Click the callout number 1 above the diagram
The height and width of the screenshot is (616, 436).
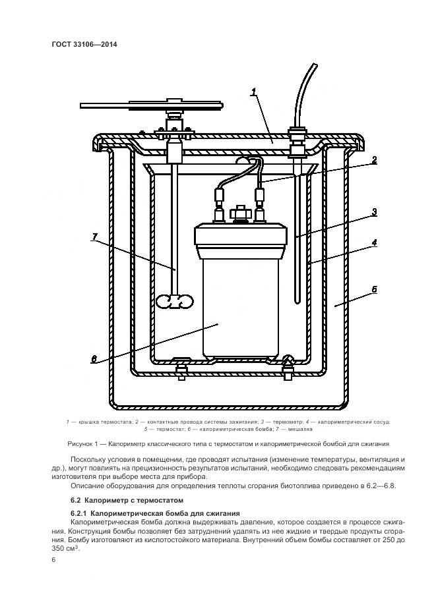tap(253, 92)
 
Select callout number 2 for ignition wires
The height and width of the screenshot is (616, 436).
tap(373, 159)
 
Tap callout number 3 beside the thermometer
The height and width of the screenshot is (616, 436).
tap(373, 212)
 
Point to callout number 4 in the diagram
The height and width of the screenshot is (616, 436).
tap(373, 242)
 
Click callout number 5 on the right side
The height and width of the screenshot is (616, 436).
tap(373, 289)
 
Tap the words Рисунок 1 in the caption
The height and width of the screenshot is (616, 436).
tap(84, 443)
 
